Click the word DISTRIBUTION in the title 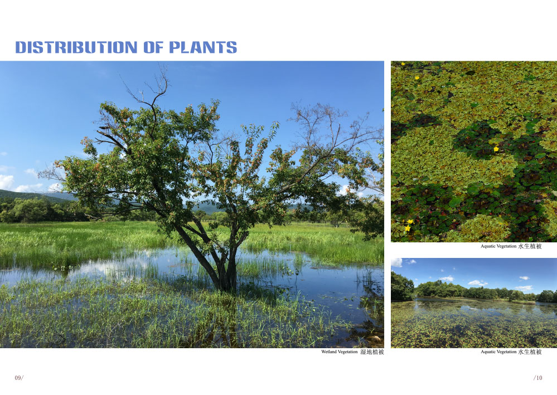[76, 47]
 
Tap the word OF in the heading [153, 47]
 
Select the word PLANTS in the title [203, 47]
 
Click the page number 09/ [19, 378]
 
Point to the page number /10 [538, 378]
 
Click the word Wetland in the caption [328, 352]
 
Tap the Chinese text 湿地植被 [372, 352]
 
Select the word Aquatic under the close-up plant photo [488, 246]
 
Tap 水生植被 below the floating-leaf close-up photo [530, 246]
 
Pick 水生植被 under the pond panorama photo [530, 352]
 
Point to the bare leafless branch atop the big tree [149, 89]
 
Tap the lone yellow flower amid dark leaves [496, 149]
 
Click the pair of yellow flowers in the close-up [409, 225]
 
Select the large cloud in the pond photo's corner [396, 262]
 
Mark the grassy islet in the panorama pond [522, 302]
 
